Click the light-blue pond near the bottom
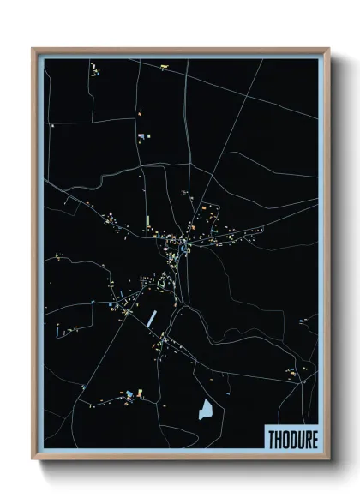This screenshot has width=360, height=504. click(206, 410)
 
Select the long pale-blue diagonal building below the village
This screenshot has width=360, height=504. click(153, 318)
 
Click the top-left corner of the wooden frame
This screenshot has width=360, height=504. click(33, 49)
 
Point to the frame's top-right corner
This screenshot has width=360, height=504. click(328, 49)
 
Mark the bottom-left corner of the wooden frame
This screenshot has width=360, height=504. click(33, 459)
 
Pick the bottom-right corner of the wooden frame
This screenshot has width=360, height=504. click(328, 459)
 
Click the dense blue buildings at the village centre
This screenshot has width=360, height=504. click(182, 248)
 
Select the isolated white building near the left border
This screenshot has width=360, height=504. click(53, 126)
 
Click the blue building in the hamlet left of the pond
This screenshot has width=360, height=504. click(129, 393)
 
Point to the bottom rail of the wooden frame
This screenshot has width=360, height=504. click(180, 458)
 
